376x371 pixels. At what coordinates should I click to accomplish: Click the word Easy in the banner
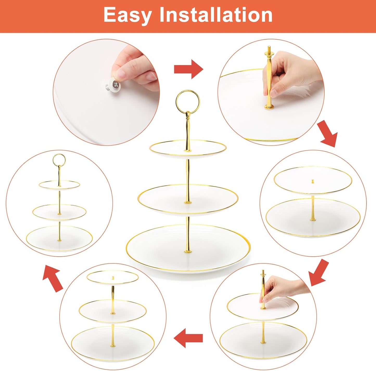(128, 15)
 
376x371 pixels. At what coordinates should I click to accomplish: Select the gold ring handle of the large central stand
(188, 101)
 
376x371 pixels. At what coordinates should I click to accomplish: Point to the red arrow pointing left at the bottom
(188, 338)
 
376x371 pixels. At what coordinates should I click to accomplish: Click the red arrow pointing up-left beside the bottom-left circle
(53, 278)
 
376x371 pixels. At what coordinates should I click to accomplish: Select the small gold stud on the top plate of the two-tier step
(313, 181)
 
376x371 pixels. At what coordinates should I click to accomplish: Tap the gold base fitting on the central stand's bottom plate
(187, 251)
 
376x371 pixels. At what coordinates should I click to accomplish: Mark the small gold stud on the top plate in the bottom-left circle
(113, 278)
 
